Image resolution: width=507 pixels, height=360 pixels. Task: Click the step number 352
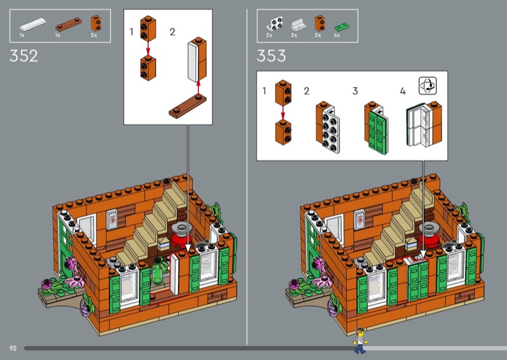coord(24,55)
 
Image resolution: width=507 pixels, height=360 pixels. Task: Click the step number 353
coord(271,55)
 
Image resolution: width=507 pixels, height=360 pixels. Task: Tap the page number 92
coord(13,349)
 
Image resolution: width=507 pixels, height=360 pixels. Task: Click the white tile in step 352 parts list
coord(30,25)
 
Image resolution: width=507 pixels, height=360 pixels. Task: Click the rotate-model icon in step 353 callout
coord(428,86)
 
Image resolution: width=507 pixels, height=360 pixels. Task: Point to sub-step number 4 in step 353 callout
coord(402,91)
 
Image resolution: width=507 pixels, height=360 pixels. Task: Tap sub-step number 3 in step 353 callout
coord(355,91)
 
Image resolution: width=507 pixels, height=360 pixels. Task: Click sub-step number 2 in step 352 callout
coord(172,31)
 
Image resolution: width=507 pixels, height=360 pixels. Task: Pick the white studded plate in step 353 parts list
coord(274,25)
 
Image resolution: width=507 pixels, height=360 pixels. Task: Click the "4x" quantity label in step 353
coord(337,35)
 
